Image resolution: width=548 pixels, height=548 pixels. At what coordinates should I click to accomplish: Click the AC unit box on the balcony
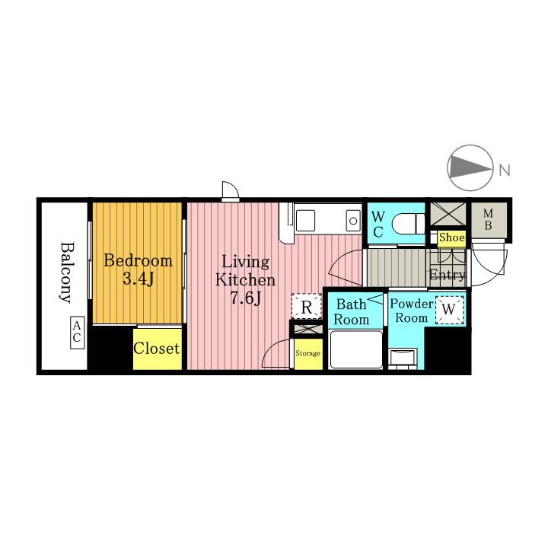(x=77, y=333)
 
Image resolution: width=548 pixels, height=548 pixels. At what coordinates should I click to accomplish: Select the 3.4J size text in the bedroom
(x=139, y=279)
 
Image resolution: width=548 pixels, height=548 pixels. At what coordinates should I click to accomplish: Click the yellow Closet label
(x=156, y=349)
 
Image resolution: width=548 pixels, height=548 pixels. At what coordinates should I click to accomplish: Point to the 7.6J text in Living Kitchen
(x=245, y=298)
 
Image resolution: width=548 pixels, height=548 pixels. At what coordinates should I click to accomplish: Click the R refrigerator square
(x=307, y=306)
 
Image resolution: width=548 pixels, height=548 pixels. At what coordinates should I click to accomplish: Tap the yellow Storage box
(x=308, y=354)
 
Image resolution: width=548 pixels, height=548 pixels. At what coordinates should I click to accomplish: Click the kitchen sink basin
(x=305, y=221)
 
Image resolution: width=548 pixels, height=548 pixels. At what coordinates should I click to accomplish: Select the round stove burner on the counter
(x=353, y=221)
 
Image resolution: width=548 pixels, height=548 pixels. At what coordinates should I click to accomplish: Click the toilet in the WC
(x=408, y=223)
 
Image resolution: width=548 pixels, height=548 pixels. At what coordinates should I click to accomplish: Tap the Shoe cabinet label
(x=451, y=238)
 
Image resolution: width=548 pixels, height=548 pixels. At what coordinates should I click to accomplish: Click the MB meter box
(x=488, y=220)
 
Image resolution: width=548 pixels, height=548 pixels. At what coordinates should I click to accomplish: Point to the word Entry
(x=447, y=275)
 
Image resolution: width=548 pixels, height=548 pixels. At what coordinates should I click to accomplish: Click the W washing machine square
(x=450, y=310)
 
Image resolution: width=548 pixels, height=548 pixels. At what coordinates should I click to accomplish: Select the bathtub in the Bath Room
(x=356, y=349)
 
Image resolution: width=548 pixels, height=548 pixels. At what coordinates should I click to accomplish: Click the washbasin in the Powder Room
(x=403, y=358)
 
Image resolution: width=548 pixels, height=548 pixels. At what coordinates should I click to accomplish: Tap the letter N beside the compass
(x=505, y=170)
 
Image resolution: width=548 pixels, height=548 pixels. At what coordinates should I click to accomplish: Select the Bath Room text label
(x=351, y=312)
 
